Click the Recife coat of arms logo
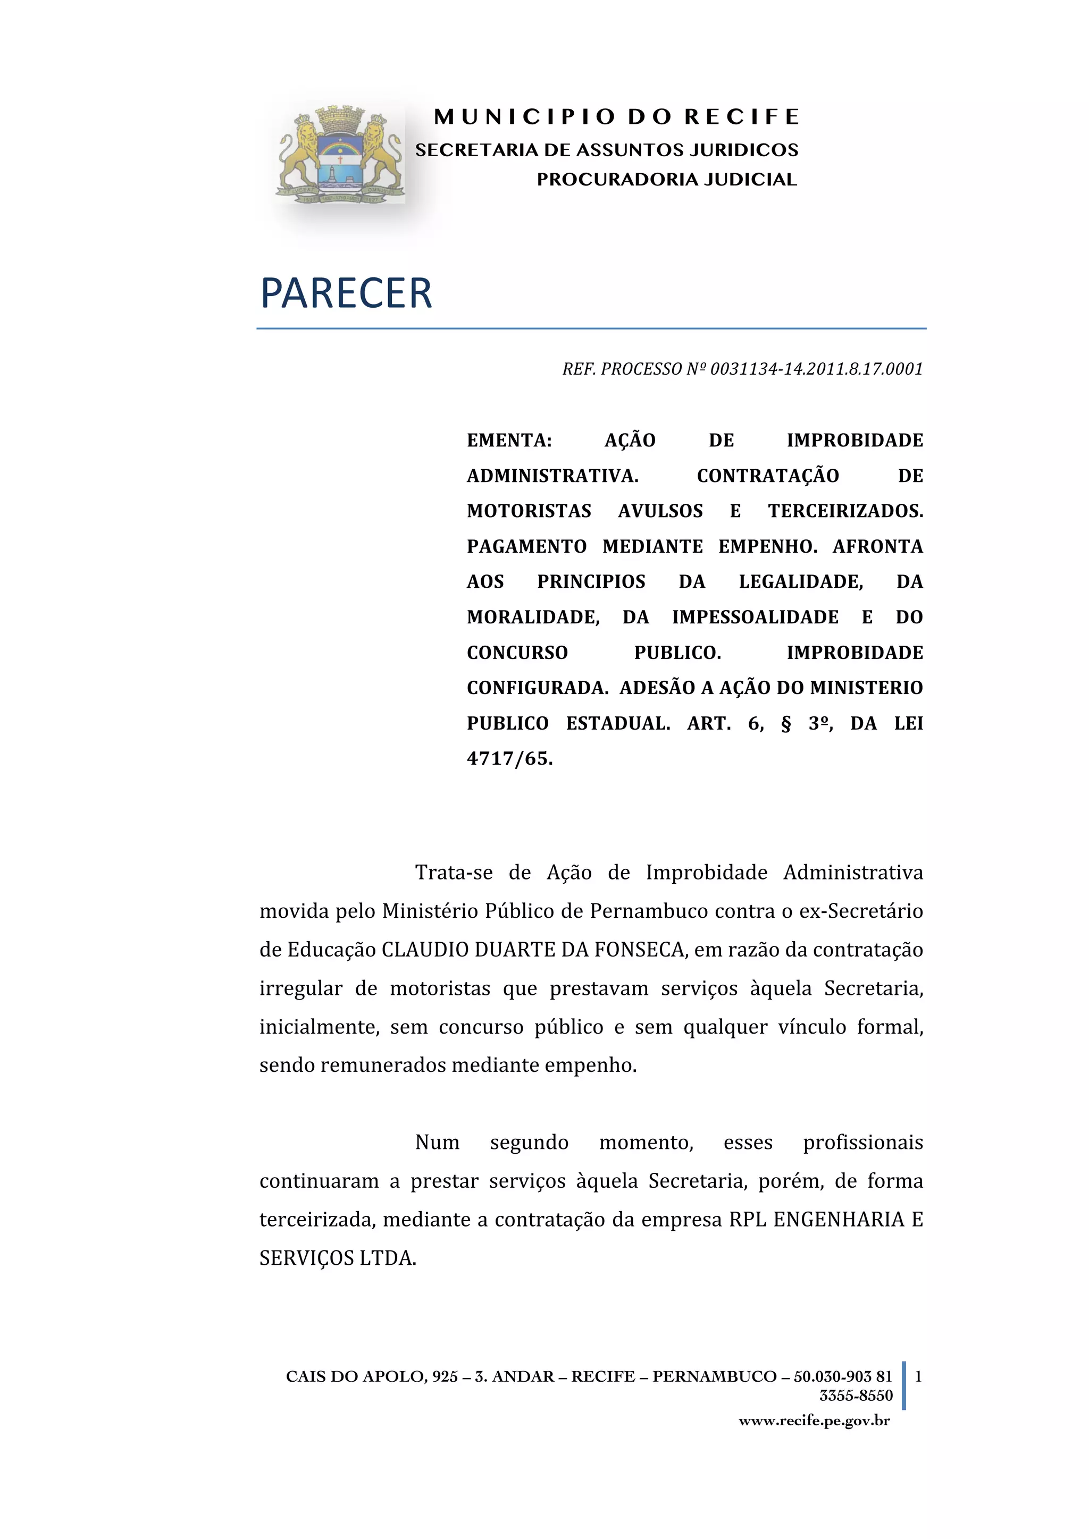pos(341,154)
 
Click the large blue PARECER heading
pos(346,293)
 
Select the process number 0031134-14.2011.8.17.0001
pos(816,369)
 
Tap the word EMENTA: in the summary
pos(509,441)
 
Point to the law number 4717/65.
pos(509,759)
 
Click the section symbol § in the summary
pos(786,724)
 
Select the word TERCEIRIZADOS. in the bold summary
pos(845,511)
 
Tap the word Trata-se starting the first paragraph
pos(453,873)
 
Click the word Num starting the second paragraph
pos(437,1142)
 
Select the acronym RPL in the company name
pos(747,1219)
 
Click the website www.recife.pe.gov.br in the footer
pos(814,1420)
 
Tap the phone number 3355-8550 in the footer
pos(856,1396)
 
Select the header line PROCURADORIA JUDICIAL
pos(667,180)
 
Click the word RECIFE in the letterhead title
pos(742,117)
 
